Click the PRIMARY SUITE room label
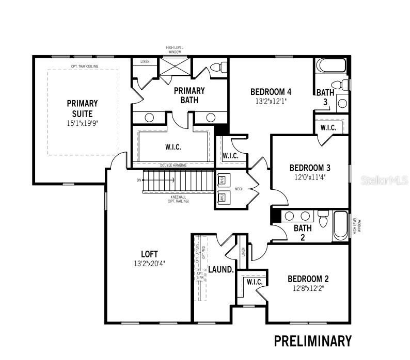tap(82, 108)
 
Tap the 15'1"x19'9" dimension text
tap(82, 124)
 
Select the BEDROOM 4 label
tap(271, 92)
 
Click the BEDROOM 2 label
tap(309, 279)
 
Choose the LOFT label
tap(149, 254)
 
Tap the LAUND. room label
tap(221, 270)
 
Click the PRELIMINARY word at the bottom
tap(312, 341)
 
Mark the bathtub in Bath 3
tap(330, 66)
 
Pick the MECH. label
tap(240, 189)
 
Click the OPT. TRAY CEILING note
tap(85, 67)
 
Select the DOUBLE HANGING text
tap(172, 165)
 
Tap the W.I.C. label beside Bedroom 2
tap(255, 282)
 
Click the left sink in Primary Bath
tap(149, 118)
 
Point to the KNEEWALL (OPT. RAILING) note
tap(178, 199)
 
